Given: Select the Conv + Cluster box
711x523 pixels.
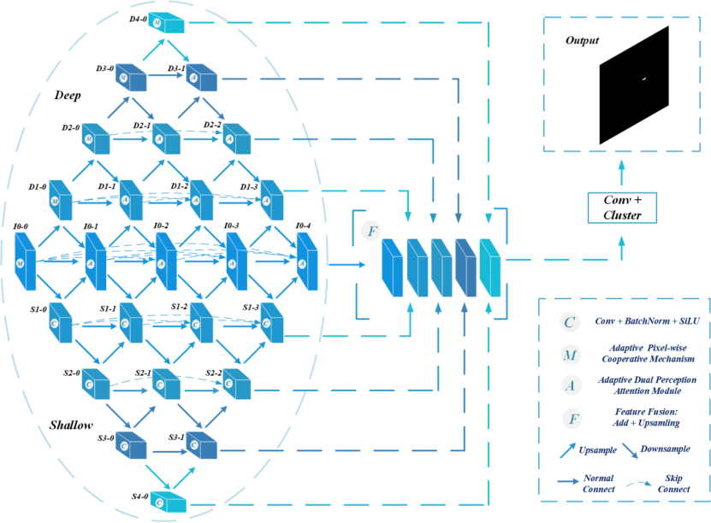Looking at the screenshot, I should pos(622,208).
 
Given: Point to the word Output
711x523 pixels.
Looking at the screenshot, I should pos(583,40).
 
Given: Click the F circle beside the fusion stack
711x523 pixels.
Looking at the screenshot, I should pos(370,231).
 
